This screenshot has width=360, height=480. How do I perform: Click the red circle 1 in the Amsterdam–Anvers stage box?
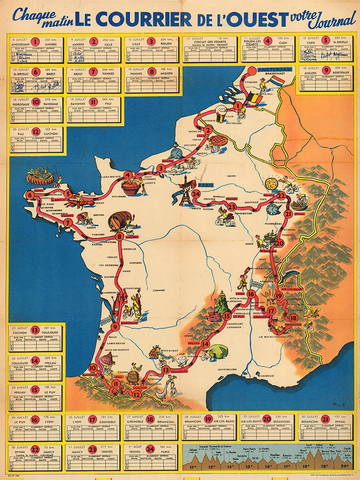click(35, 42)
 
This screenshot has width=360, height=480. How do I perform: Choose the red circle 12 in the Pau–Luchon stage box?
click(35, 131)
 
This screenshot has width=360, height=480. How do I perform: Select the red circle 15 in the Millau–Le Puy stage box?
click(35, 391)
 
